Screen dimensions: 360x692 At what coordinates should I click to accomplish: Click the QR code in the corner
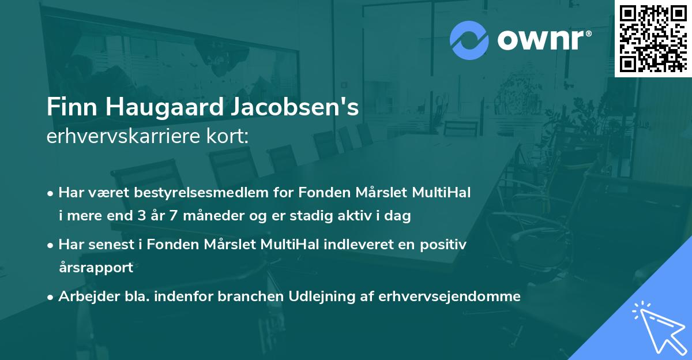click(x=653, y=38)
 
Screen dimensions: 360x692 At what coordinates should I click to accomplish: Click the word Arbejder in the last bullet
click(x=84, y=297)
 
